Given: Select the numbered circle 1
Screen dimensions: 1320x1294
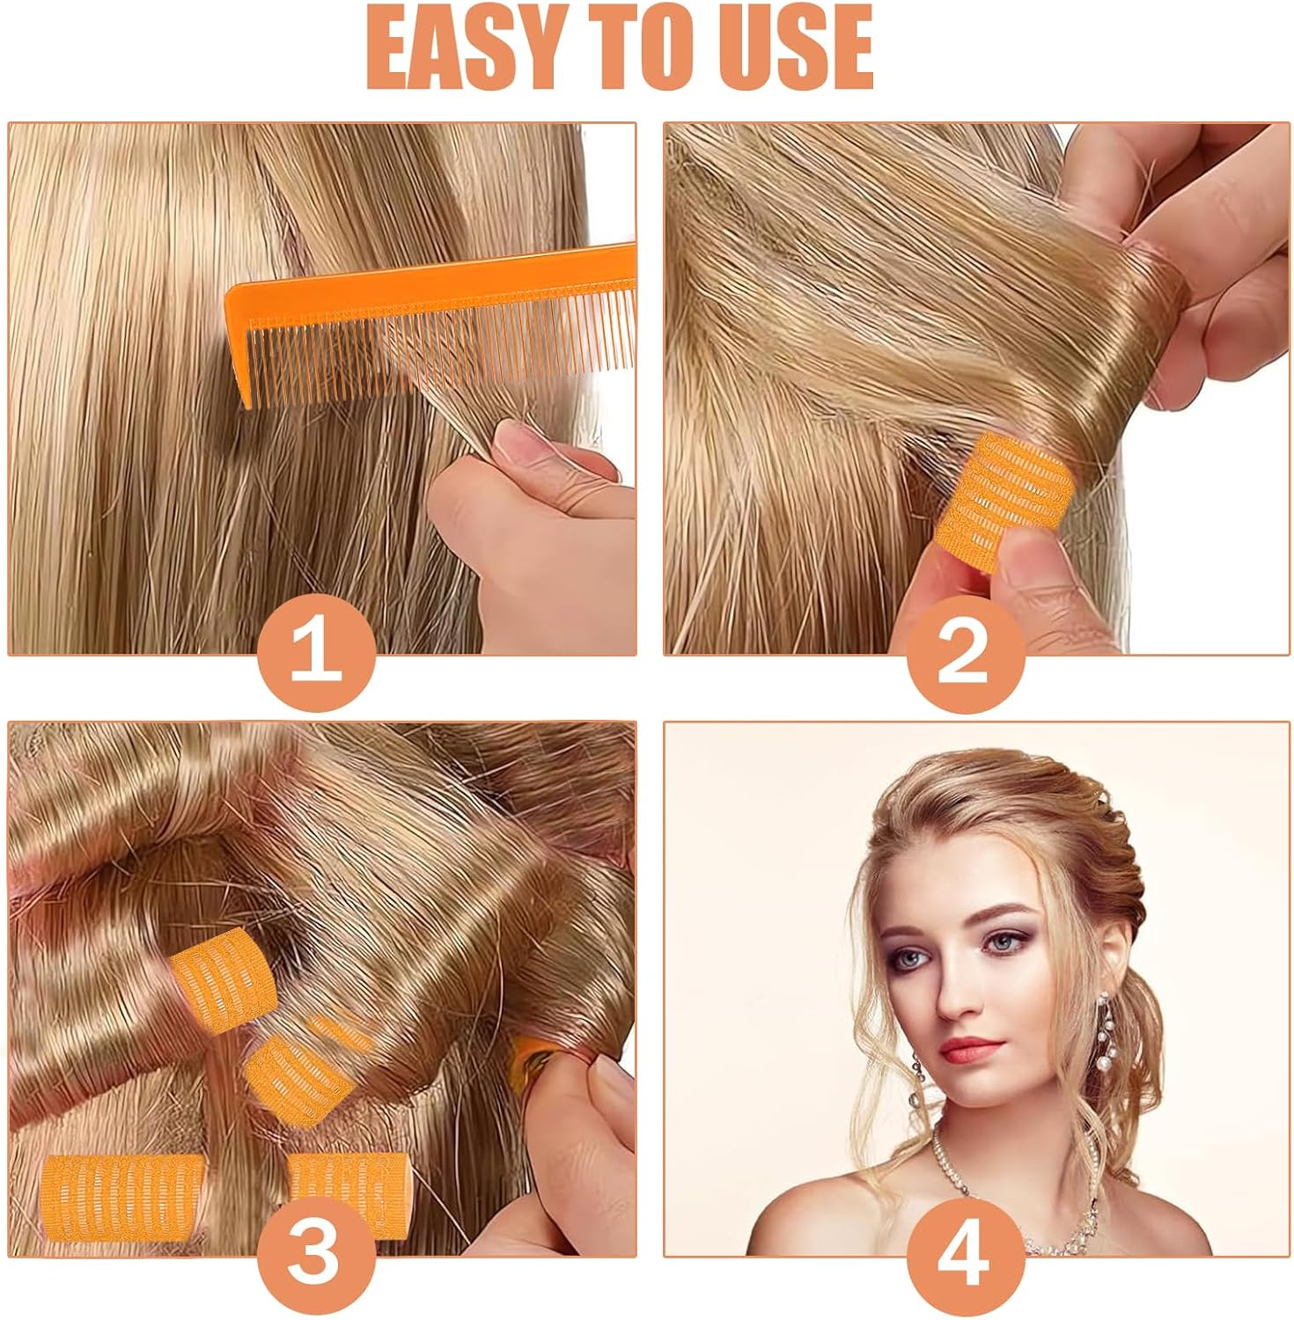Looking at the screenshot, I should click(316, 656).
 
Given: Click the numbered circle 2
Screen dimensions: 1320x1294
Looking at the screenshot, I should click(966, 656).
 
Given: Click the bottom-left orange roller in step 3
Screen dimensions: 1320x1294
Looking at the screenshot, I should click(123, 1195).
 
